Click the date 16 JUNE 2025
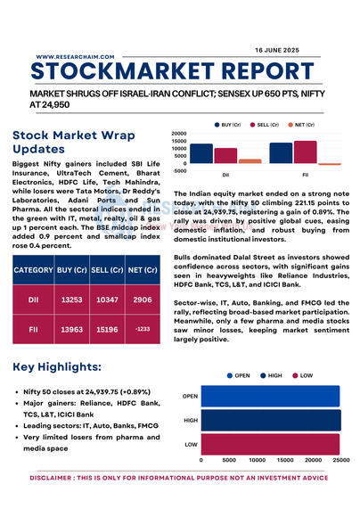(x=277, y=50)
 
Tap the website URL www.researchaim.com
(x=75, y=57)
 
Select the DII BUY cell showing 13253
(x=72, y=300)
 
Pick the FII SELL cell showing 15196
(x=107, y=330)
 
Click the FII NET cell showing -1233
(x=143, y=329)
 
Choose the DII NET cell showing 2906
(x=143, y=300)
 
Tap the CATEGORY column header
(x=33, y=270)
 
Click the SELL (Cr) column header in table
(x=107, y=270)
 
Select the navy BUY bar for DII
(x=201, y=153)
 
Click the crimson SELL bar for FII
(x=305, y=152)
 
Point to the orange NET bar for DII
(x=250, y=161)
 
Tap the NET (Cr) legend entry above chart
(x=301, y=125)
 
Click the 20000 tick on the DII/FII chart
(x=179, y=134)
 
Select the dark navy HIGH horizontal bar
(x=271, y=421)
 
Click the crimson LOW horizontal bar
(x=270, y=445)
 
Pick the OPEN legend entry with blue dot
(x=238, y=375)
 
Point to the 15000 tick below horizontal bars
(x=285, y=460)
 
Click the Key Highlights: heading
(x=57, y=366)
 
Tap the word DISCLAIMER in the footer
(x=50, y=478)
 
